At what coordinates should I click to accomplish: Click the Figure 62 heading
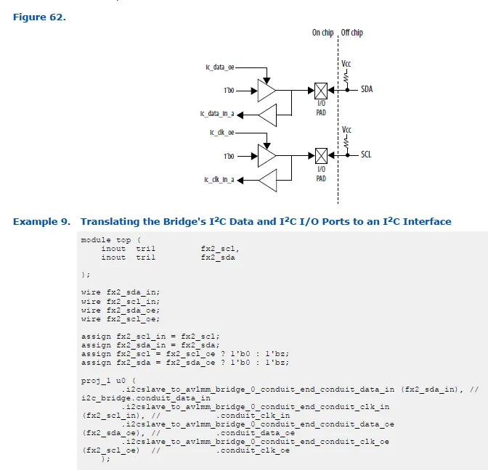click(39, 17)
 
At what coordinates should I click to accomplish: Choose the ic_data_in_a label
click(217, 114)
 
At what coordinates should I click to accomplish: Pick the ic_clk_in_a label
click(218, 179)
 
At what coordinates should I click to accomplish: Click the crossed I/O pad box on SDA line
click(321, 90)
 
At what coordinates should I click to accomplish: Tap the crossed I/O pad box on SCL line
click(321, 154)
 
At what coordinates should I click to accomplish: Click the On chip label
click(322, 33)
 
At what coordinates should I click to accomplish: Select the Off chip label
click(352, 33)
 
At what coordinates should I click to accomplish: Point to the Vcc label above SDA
click(346, 64)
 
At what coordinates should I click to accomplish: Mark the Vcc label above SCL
click(346, 129)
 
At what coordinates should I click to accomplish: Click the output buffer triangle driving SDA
click(267, 91)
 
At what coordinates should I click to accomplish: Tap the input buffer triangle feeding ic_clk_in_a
click(267, 179)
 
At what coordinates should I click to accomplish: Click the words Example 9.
click(41, 221)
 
